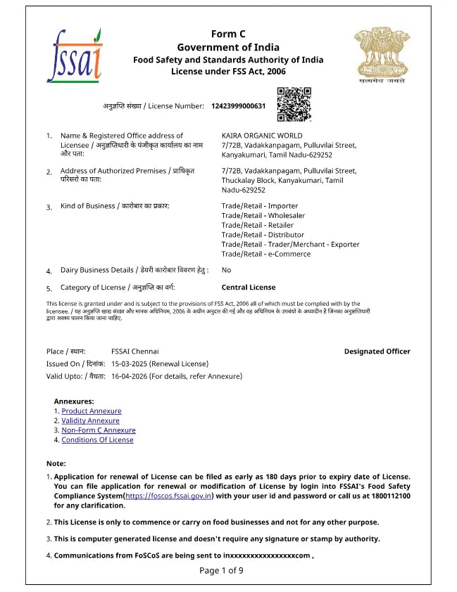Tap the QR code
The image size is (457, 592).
click(x=294, y=105)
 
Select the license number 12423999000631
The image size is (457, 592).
click(x=238, y=106)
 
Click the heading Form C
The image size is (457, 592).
click(x=228, y=34)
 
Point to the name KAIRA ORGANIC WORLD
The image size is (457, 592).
click(x=262, y=136)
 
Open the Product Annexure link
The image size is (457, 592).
click(x=92, y=411)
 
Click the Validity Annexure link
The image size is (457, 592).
click(x=90, y=421)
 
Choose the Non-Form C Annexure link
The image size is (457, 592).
click(x=99, y=430)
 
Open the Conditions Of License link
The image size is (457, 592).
click(x=97, y=440)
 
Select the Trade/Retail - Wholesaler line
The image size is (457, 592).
click(x=263, y=216)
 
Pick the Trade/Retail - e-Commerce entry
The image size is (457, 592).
click(x=265, y=254)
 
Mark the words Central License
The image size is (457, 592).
click(x=249, y=288)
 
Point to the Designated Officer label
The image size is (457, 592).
click(x=377, y=352)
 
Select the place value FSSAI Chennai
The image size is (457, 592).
click(x=135, y=352)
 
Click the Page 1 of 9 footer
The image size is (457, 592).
click(x=221, y=570)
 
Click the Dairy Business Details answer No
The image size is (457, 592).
click(x=226, y=270)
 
